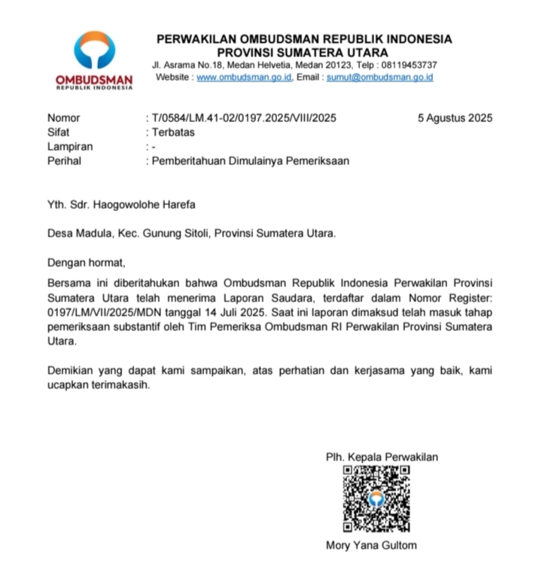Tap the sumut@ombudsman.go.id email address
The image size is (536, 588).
(379, 78)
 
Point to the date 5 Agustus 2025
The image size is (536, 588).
(455, 118)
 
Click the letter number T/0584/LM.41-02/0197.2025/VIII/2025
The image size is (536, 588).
(243, 118)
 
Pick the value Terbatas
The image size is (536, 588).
(172, 132)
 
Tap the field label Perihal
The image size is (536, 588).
(64, 161)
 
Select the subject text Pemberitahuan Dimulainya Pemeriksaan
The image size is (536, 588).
(250, 161)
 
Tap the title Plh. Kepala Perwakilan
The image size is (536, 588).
(382, 457)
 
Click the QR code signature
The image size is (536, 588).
(376, 498)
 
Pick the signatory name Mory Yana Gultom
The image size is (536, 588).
(371, 545)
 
